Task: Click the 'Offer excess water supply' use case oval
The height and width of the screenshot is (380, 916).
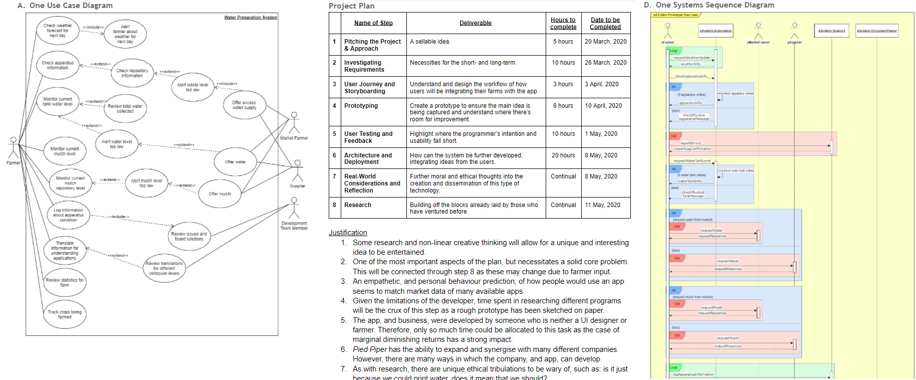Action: tap(244, 105)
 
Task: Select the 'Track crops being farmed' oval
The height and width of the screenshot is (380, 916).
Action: tap(65, 314)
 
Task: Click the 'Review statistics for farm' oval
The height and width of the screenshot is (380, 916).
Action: tap(65, 283)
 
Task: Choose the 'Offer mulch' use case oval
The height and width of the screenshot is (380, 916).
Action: tap(220, 194)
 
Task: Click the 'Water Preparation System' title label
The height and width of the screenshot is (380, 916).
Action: tap(250, 18)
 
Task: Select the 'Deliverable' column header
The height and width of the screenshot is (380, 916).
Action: tap(476, 23)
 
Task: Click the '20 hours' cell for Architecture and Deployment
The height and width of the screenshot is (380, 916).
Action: tap(563, 155)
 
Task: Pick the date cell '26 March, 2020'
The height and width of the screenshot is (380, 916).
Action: tap(605, 63)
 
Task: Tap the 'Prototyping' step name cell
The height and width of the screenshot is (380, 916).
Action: tap(361, 106)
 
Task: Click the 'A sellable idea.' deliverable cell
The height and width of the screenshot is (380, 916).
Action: tap(430, 42)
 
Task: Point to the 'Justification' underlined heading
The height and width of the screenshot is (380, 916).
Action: tap(348, 233)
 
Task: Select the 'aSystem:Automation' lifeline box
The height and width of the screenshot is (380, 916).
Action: tap(716, 31)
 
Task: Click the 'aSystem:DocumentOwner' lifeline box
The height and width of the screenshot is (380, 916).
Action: tap(877, 31)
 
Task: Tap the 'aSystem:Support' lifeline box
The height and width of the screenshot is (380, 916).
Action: tap(831, 31)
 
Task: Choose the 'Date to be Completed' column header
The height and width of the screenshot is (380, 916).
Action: tap(605, 24)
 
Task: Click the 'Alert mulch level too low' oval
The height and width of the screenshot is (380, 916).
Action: tap(146, 183)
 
